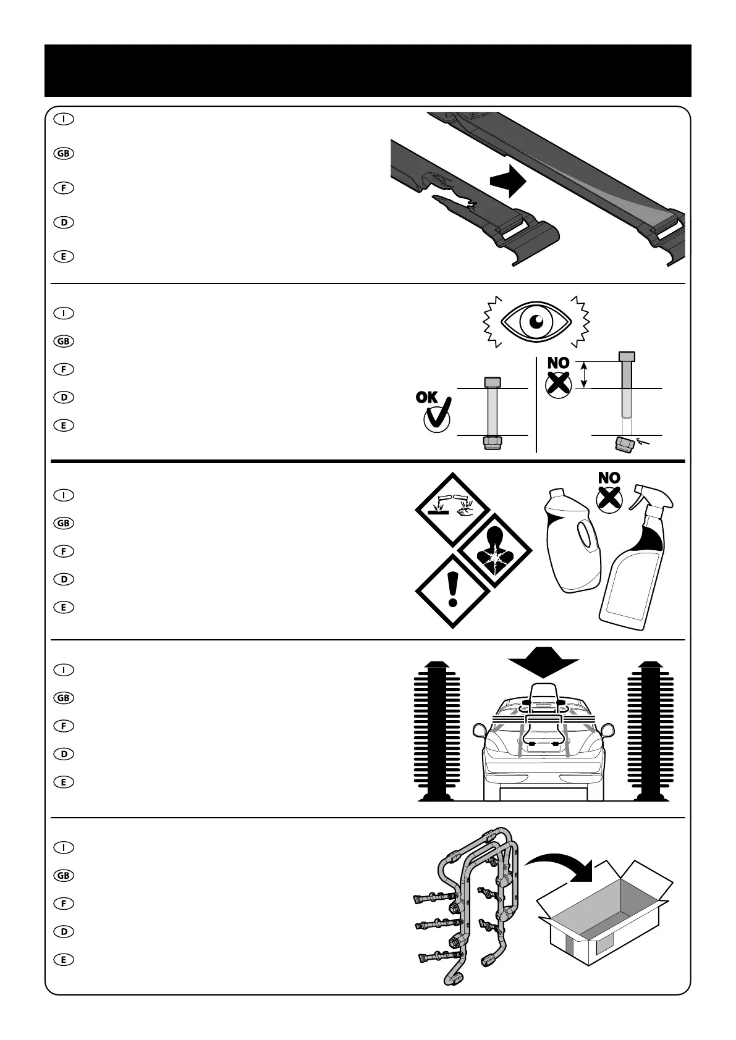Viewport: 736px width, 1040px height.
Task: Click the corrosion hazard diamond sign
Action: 454,511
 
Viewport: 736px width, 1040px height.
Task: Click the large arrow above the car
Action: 543,663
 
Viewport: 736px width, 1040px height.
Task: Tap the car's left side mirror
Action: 480,732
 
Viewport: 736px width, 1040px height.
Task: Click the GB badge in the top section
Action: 64,154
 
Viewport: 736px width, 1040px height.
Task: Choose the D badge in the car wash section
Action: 64,754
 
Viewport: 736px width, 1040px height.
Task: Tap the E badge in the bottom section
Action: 64,960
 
